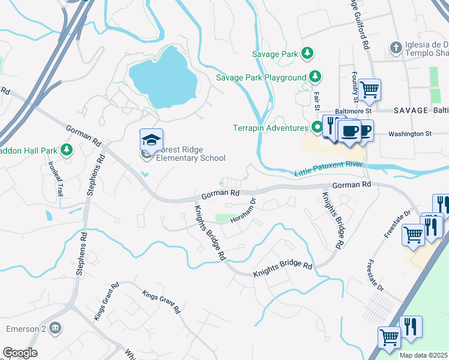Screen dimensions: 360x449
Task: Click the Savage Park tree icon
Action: coord(307,54)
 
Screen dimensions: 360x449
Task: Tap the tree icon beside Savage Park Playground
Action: coord(315,77)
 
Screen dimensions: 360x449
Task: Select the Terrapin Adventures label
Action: coord(271,127)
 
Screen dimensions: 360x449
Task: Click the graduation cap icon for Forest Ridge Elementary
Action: coord(151,140)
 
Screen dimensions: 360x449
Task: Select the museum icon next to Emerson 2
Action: coord(55,328)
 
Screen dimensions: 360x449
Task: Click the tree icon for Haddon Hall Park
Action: coord(67,149)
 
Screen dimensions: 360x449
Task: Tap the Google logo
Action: coord(20,353)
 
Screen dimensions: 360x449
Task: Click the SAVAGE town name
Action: coord(411,111)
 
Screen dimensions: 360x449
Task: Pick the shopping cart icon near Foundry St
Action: coord(370,90)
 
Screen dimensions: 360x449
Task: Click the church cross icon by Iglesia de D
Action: coord(395,47)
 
